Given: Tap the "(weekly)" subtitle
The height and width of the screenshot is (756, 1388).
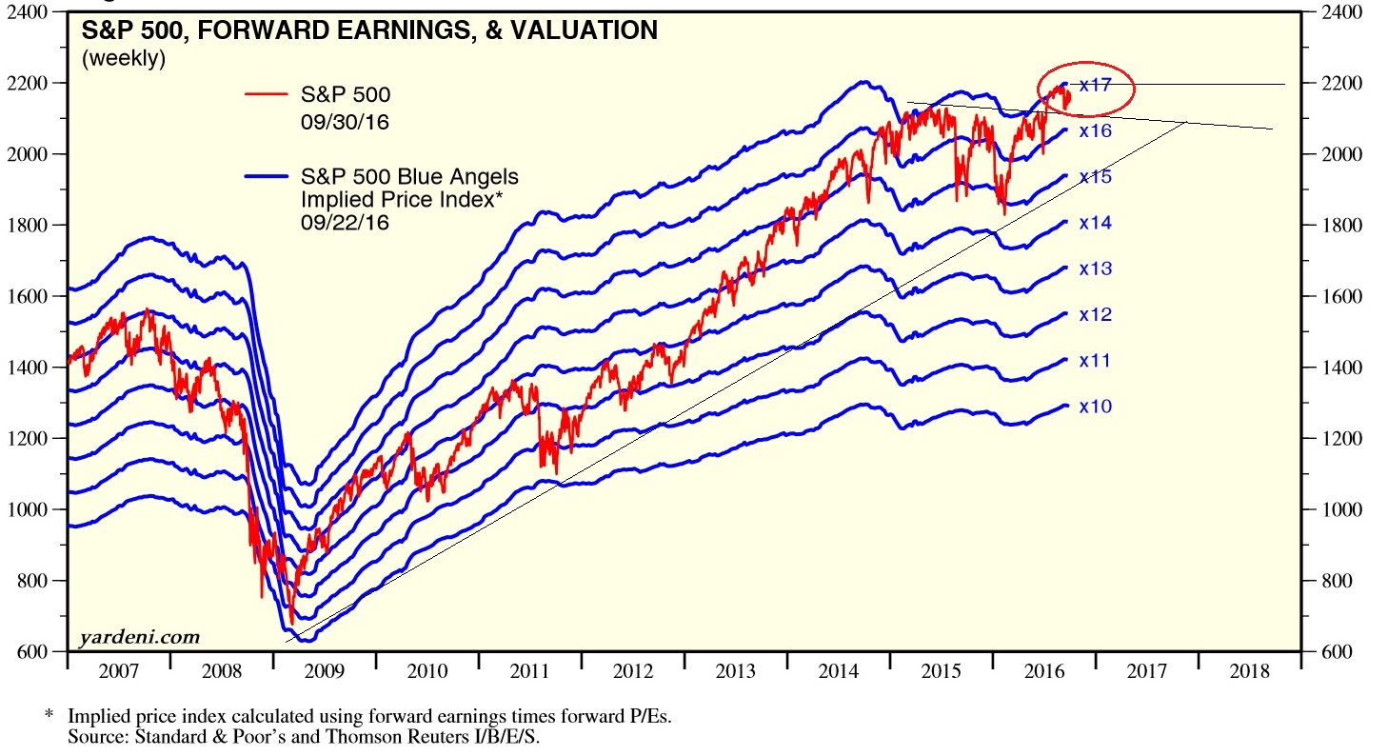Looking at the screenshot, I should (124, 59).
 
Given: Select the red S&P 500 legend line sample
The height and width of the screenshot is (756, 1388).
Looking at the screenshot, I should (266, 94).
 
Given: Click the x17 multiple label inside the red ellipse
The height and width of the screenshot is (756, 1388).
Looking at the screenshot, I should (1095, 85).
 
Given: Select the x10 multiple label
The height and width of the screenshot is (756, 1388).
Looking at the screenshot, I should (1095, 407).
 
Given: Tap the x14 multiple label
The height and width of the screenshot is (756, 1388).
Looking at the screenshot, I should (1095, 223).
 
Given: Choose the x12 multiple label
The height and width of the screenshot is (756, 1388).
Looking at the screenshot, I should (1095, 314).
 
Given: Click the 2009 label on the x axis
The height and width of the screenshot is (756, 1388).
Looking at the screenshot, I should (325, 671).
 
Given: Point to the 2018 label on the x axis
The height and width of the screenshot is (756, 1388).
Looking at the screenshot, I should (1249, 671).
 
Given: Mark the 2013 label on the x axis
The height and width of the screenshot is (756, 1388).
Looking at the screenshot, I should (736, 671).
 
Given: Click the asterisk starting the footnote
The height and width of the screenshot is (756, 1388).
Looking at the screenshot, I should (49, 714).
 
